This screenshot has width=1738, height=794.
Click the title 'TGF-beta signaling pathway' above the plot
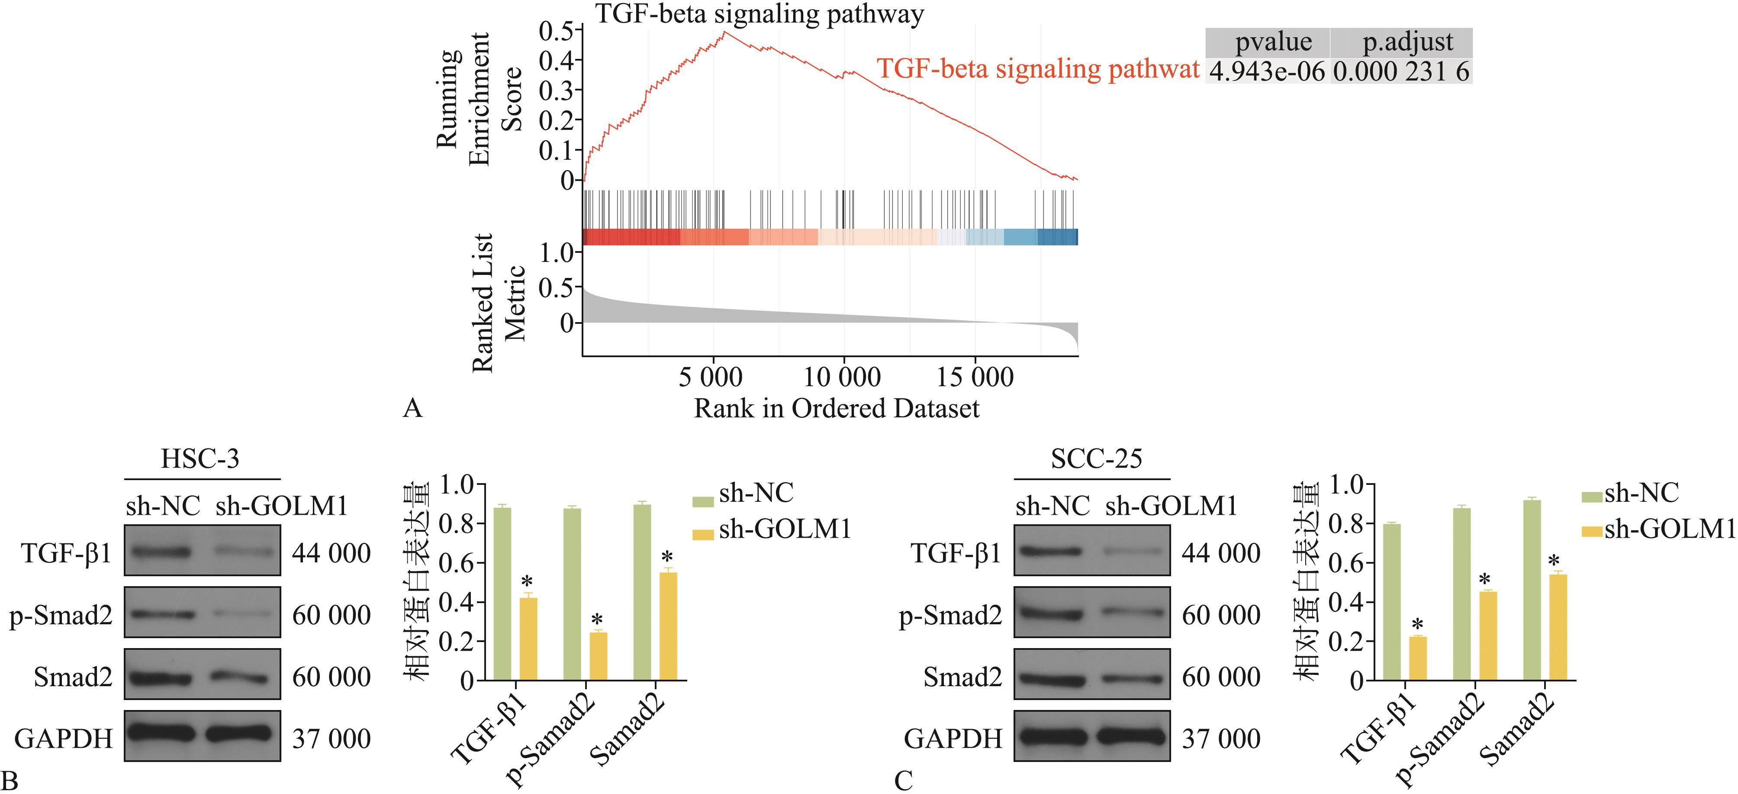(759, 13)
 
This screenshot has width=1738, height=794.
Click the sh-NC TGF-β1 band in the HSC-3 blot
(162, 552)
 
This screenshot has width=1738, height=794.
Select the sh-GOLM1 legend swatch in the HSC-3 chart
(703, 535)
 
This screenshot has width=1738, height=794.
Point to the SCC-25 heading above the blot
(1096, 459)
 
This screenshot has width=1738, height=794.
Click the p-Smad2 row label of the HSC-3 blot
(61, 615)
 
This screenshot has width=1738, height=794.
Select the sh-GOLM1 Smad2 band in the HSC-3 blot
(240, 677)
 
